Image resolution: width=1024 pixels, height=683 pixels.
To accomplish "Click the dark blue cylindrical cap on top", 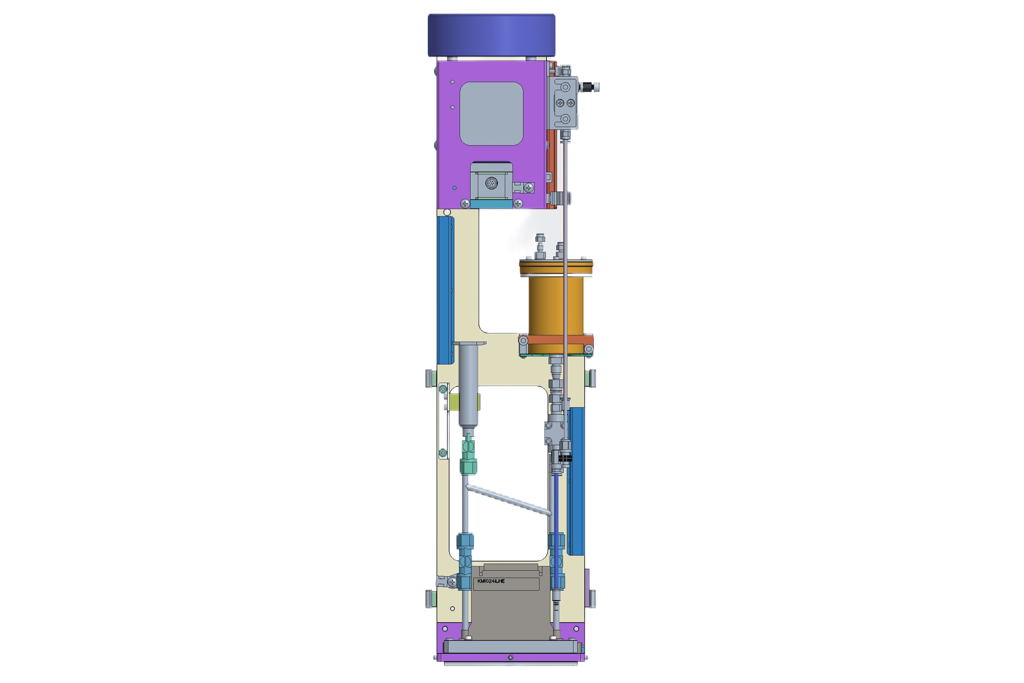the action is (491, 35).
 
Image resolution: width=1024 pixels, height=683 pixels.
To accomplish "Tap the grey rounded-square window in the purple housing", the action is (491, 114).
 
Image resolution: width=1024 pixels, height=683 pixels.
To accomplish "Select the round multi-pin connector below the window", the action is (491, 183).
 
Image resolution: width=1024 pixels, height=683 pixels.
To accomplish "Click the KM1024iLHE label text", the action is (491, 581).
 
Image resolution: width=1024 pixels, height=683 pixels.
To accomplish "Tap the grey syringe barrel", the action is (468, 386).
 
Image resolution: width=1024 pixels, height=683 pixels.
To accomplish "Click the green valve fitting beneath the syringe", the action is (468, 456).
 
